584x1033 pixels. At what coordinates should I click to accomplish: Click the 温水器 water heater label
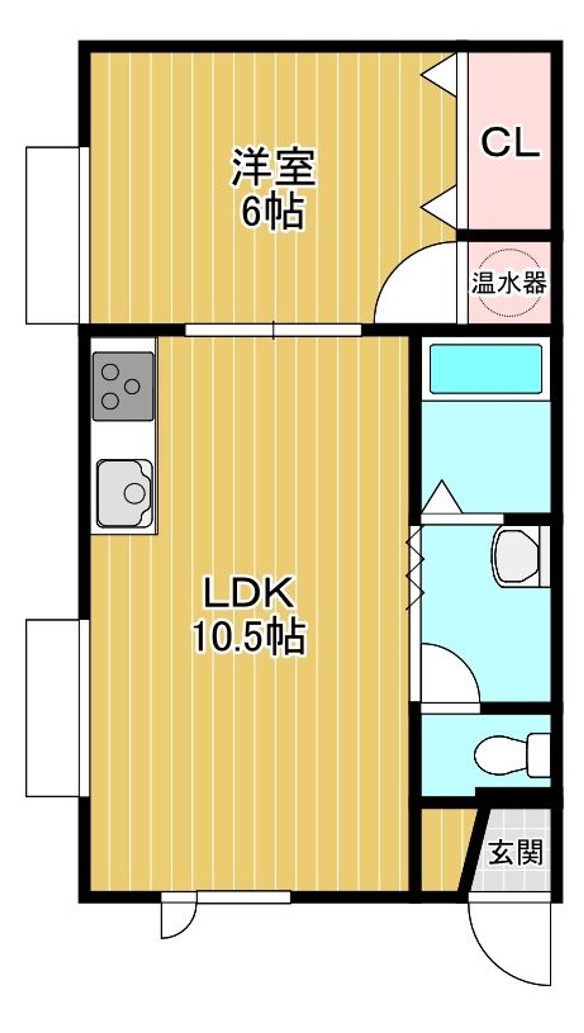click(x=509, y=282)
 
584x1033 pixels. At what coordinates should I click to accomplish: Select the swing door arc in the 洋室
click(x=413, y=283)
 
